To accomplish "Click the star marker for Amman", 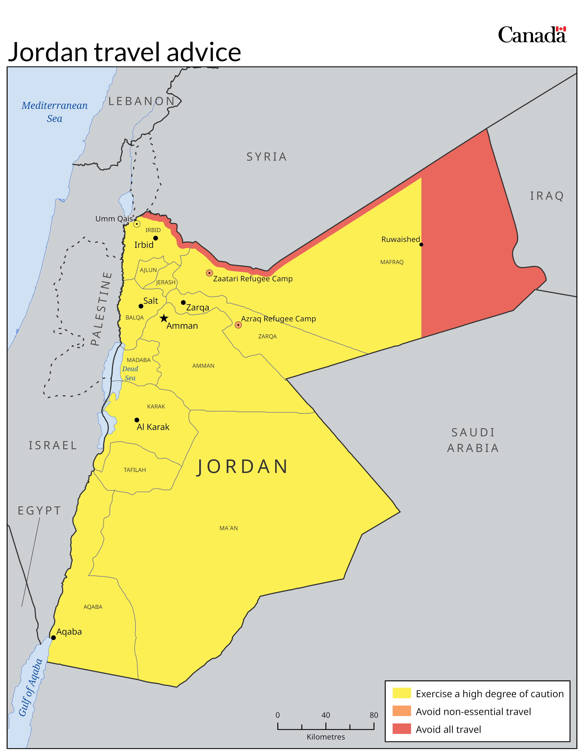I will click(x=164, y=318).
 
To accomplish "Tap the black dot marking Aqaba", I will click(x=53, y=638).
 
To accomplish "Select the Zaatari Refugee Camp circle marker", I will click(x=209, y=273).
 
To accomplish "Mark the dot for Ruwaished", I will click(x=421, y=244).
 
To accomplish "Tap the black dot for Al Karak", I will click(x=137, y=420).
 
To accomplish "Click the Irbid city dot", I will click(x=156, y=238).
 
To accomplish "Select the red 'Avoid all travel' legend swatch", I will click(x=401, y=729).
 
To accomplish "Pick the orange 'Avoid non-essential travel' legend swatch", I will click(x=401, y=711).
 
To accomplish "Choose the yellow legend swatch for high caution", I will click(x=401, y=693).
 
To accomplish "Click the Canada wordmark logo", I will click(x=532, y=35).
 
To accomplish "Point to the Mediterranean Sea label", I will click(x=55, y=112).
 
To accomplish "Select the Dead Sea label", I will click(x=130, y=373).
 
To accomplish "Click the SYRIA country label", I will click(x=266, y=157).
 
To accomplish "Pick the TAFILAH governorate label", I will click(x=135, y=470).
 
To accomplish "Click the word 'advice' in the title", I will click(x=204, y=52).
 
